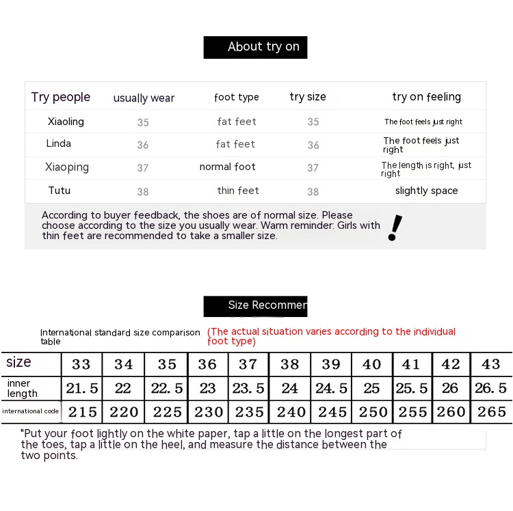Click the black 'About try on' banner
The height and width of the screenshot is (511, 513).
pos(255,47)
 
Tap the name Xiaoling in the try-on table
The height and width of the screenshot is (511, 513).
pos(66,122)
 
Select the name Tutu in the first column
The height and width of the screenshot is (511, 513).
pos(59,191)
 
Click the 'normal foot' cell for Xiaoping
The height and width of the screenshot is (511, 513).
pos(227,167)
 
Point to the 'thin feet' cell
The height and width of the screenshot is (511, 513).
pos(238,191)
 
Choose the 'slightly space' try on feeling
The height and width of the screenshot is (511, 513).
pos(426,191)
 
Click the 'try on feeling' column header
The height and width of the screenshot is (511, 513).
pos(426,97)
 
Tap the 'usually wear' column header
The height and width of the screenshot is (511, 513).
pos(144,98)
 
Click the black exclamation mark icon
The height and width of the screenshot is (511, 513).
pos(395,227)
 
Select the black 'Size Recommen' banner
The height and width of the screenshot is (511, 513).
pos(255,305)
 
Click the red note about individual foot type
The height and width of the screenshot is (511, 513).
pos(331,336)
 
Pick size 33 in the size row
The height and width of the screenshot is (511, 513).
pos(81,364)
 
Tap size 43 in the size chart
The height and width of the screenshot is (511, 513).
pos(491,364)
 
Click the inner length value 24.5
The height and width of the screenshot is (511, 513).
pos(331,388)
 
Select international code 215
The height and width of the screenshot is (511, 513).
pos(83,412)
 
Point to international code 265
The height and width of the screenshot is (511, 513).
pos(491,412)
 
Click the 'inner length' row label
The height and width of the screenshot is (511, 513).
pos(23,388)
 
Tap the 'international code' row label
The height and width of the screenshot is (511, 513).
pos(31,411)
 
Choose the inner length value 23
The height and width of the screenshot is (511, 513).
pos(207,388)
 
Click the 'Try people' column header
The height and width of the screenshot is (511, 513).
pos(60,97)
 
